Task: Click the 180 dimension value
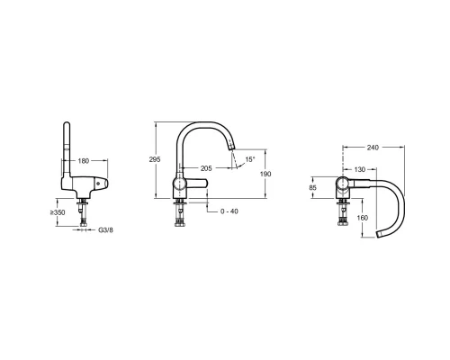[x=84, y=161]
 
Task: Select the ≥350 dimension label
[x=58, y=212]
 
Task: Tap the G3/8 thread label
[x=105, y=230]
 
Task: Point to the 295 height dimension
[x=155, y=159]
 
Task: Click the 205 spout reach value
[x=206, y=168]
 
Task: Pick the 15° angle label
[x=250, y=159]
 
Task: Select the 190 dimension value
[x=265, y=174]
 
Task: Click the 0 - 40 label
[x=229, y=211]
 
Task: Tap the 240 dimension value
[x=373, y=148]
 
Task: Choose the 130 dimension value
[x=360, y=170]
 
